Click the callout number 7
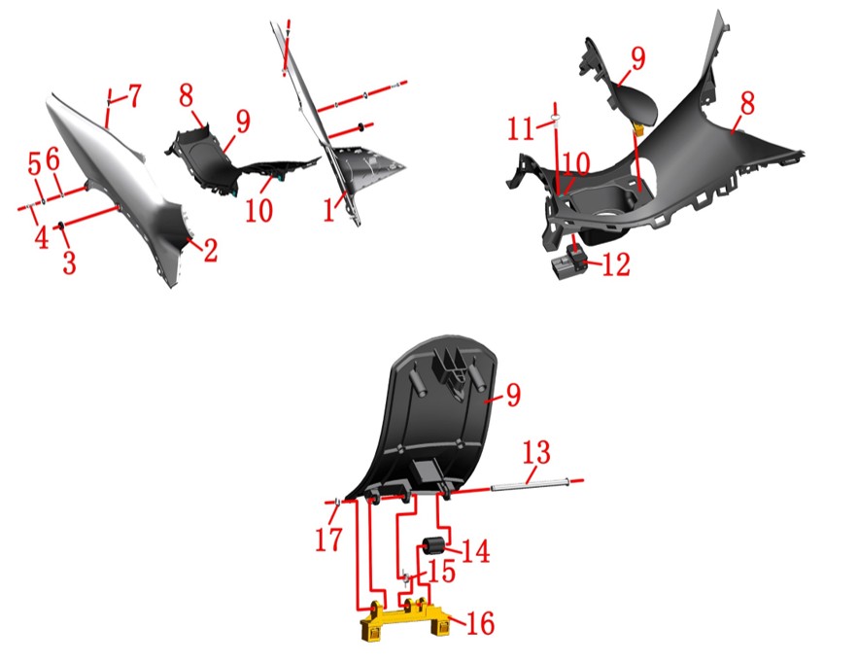tap(135, 95)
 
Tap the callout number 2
tap(211, 250)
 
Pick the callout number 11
tap(520, 129)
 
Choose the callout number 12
tap(616, 264)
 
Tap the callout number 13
tap(536, 453)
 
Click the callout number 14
tap(476, 551)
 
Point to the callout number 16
tap(480, 623)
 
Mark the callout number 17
tap(328, 540)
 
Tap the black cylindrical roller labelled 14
tap(431, 547)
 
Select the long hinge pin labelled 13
tap(531, 484)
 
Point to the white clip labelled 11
tap(555, 119)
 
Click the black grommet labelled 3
tap(61, 225)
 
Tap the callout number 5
tap(34, 163)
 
